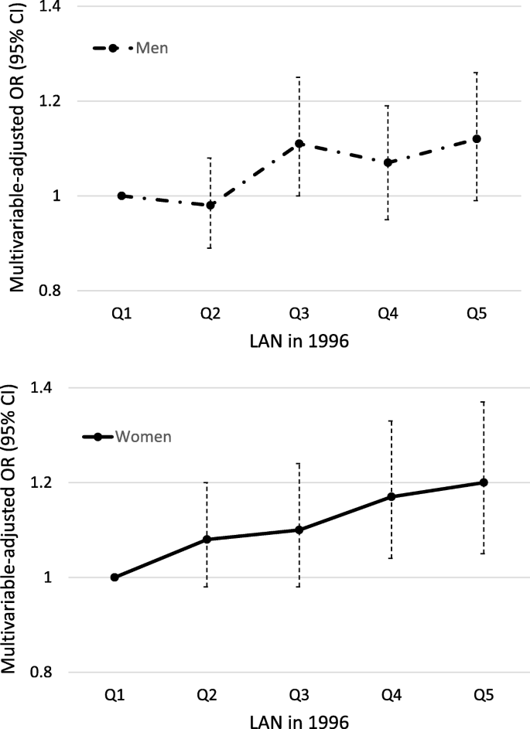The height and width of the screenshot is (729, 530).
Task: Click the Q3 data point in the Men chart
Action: click(299, 144)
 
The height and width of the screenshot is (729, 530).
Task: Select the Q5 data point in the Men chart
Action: click(477, 139)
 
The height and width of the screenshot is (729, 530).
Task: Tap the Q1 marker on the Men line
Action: click(121, 196)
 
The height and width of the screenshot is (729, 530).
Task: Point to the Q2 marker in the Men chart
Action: click(210, 205)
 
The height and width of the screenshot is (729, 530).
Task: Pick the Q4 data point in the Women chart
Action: click(391, 496)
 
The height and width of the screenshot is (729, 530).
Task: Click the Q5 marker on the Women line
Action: click(484, 482)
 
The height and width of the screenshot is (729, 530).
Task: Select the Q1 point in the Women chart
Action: click(115, 577)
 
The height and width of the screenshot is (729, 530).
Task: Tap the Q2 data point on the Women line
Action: click(207, 539)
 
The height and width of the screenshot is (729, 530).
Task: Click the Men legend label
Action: click(152, 48)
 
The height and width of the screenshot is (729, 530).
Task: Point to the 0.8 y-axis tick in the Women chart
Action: click(44, 672)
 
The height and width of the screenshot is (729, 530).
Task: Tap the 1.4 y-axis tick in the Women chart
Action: click(44, 387)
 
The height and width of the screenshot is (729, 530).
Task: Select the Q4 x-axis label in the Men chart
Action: click(388, 315)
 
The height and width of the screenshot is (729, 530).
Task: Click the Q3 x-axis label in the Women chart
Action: click(299, 696)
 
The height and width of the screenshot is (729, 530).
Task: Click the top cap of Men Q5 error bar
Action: click(477, 73)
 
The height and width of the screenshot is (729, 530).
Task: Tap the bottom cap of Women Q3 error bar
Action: click(299, 587)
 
